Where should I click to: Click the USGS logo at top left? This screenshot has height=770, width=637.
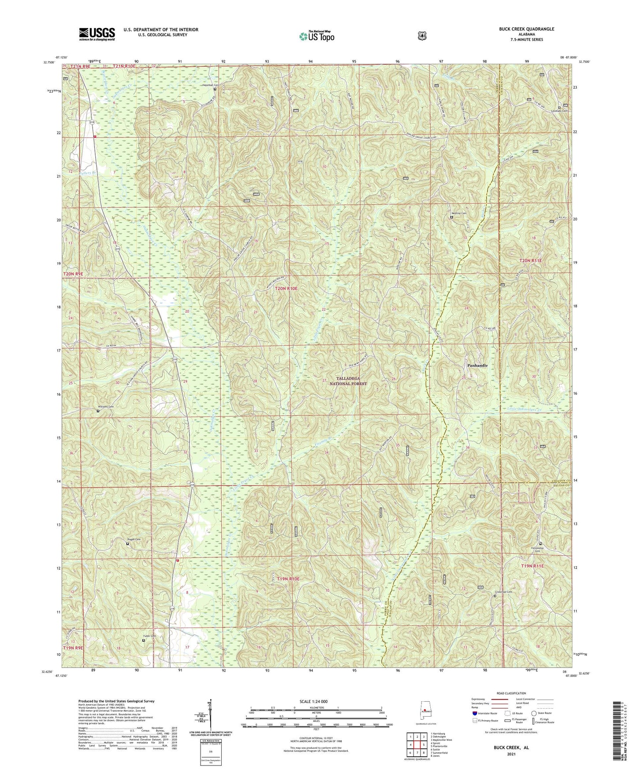click(97, 34)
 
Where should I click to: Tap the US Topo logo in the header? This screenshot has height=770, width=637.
click(316, 36)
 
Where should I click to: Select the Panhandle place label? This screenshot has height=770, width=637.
click(477, 366)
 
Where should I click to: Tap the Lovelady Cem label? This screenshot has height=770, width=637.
click(559, 111)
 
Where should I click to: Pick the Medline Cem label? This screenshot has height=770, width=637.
click(458, 213)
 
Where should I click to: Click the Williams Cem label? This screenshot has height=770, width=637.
click(105, 407)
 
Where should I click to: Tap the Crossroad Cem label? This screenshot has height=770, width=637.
click(503, 592)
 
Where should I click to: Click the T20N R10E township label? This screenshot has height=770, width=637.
click(286, 288)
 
